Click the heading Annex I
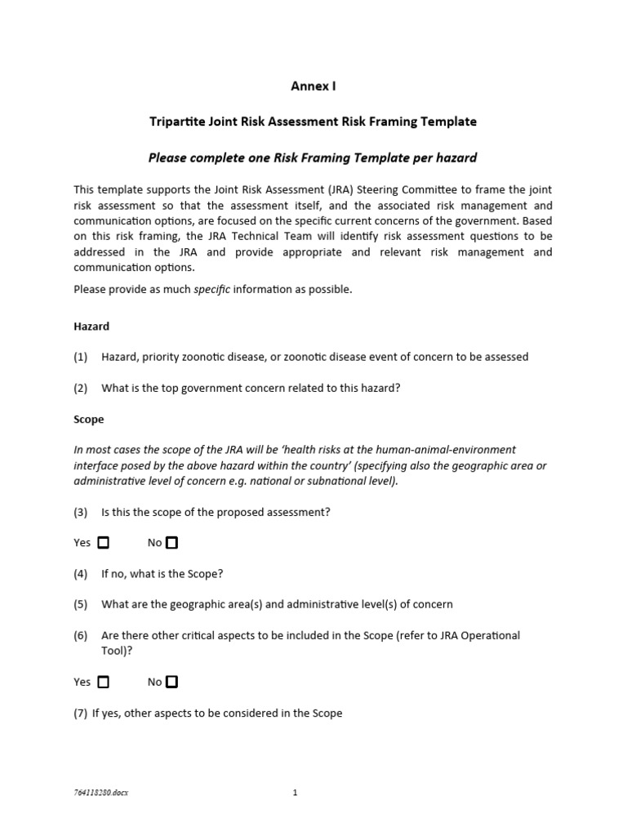[x=313, y=86]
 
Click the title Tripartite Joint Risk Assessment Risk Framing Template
[x=313, y=122]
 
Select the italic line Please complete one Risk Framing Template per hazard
[x=313, y=158]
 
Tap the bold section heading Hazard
[x=91, y=326]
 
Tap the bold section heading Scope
[x=89, y=419]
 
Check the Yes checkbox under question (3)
[x=103, y=543]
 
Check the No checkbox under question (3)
[x=171, y=543]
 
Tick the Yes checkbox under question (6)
[x=103, y=682]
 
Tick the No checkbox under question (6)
[x=171, y=682]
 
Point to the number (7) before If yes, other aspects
[x=80, y=713]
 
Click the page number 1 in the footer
[x=295, y=792]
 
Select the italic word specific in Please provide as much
[x=212, y=290]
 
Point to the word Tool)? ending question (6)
[x=117, y=651]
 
